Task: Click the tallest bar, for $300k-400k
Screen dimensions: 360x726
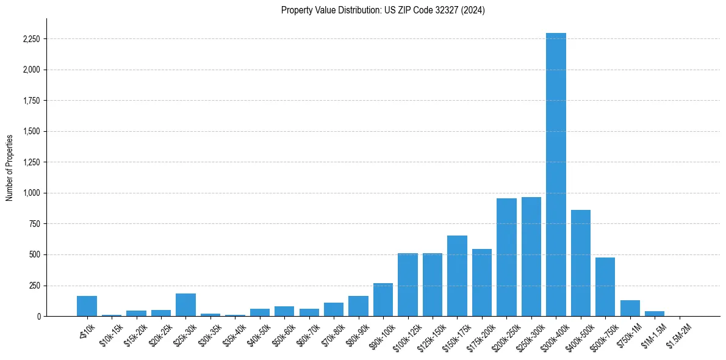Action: (556, 175)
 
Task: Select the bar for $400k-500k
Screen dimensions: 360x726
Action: (580, 263)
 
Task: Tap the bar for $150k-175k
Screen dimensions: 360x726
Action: (457, 276)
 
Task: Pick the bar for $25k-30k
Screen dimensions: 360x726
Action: (185, 305)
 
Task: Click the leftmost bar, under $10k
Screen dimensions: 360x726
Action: (87, 306)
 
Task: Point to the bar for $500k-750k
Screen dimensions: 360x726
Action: (605, 287)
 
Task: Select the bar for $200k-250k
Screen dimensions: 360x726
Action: (506, 257)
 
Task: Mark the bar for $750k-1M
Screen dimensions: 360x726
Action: (630, 308)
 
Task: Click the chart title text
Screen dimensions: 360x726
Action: (383, 10)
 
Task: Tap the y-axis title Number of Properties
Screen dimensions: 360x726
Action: (10, 167)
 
